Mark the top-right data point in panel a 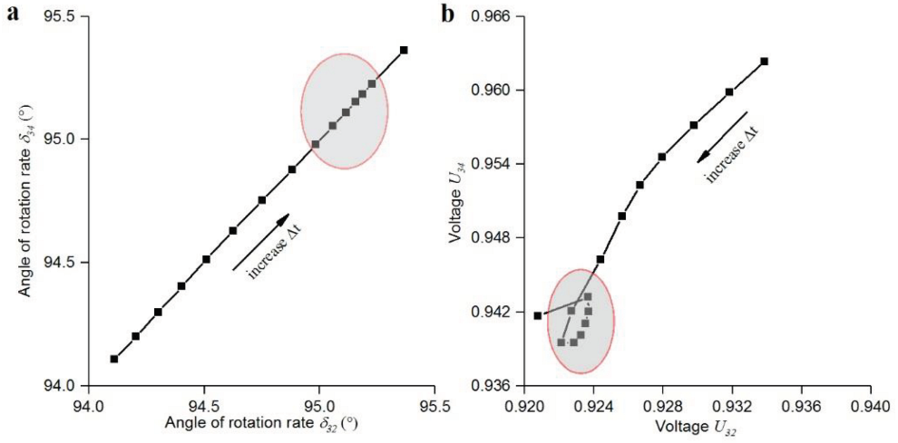point(404,50)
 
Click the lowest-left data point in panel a point(114,359)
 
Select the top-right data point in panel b point(764,61)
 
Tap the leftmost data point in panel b point(537,315)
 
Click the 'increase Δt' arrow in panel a point(261,242)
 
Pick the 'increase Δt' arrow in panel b point(722,138)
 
